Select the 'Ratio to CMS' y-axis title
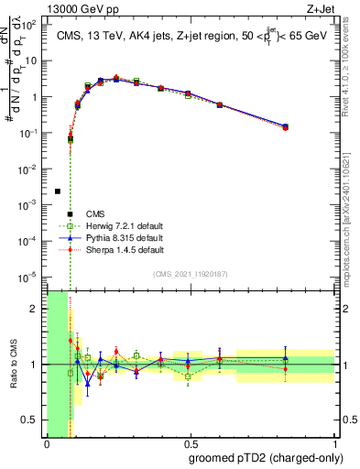(x=13, y=364)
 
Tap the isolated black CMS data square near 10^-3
(x=58, y=191)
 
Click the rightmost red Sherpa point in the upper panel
(x=286, y=128)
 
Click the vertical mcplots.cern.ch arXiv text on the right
(x=353, y=211)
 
